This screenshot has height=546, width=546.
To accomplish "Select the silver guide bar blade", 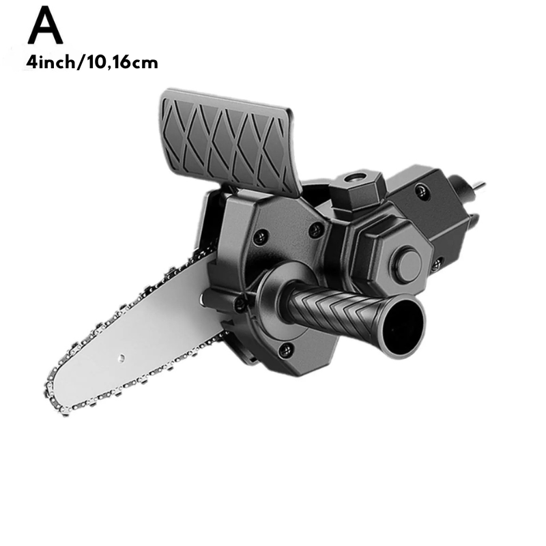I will [136, 341].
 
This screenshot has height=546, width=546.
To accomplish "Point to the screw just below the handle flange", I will [287, 349].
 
